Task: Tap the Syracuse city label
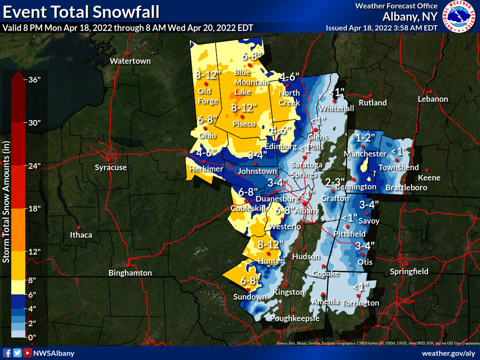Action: tap(111, 167)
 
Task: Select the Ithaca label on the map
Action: tap(81, 235)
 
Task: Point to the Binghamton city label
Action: tap(130, 273)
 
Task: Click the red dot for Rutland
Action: tap(370, 95)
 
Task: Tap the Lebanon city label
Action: tap(433, 99)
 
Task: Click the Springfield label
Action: tap(409, 271)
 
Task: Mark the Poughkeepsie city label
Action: tap(295, 318)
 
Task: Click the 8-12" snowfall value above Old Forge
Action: tap(208, 75)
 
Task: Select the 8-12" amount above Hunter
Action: tap(271, 244)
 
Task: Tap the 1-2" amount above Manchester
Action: tap(366, 138)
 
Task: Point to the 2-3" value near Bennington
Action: tap(335, 182)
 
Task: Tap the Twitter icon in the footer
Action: tap(17, 353)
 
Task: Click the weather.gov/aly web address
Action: tap(449, 353)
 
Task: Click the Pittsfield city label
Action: tap(349, 233)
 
